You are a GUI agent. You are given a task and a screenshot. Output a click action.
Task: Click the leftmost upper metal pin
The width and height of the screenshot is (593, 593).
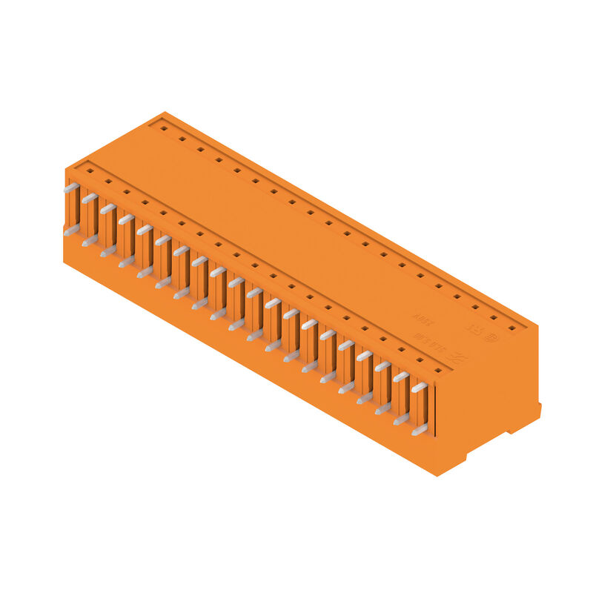click(x=71, y=188)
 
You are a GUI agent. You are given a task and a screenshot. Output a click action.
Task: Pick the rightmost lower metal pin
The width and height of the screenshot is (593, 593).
click(x=419, y=430)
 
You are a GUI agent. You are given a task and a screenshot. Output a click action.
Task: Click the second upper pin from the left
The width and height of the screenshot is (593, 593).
click(x=90, y=199)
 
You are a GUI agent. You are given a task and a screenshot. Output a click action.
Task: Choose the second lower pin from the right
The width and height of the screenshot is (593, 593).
click(x=401, y=420)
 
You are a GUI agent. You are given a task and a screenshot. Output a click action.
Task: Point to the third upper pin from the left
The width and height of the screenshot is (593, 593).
click(x=108, y=209)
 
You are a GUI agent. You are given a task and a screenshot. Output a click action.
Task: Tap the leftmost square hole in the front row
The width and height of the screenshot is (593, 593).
click(x=90, y=170)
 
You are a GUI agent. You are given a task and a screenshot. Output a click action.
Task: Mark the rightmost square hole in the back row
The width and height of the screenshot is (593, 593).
click(x=511, y=327)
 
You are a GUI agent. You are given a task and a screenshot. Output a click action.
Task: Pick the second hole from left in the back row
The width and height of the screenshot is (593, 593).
click(x=182, y=138)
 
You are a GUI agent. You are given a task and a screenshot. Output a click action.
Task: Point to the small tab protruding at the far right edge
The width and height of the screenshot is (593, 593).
click(x=538, y=409)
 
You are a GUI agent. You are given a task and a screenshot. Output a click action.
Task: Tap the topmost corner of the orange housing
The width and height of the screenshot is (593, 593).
click(x=165, y=113)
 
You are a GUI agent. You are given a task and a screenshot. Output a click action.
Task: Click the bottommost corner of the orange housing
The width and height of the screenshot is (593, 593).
click(x=438, y=475)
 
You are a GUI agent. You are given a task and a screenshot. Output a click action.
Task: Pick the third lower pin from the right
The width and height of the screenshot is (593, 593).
click(x=382, y=409)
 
